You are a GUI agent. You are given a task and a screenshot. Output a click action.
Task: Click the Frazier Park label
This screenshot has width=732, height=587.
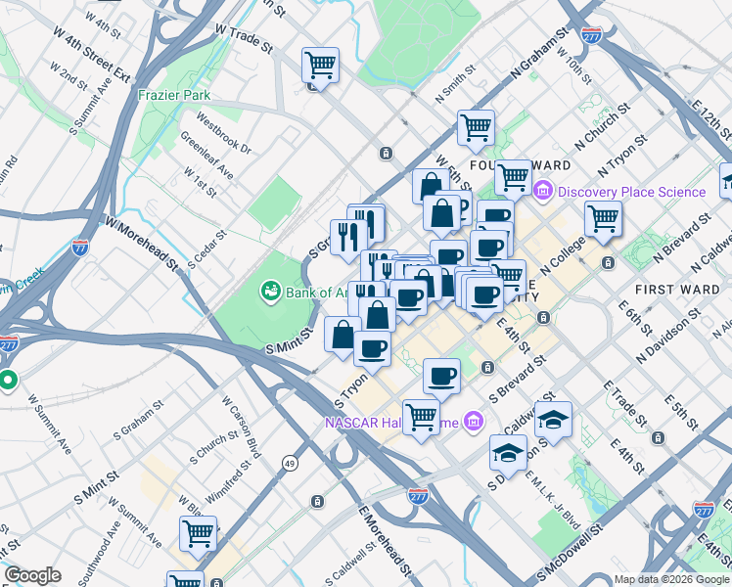click(x=174, y=95)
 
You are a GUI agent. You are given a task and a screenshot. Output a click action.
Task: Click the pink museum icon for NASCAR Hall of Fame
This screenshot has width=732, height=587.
click(x=474, y=422)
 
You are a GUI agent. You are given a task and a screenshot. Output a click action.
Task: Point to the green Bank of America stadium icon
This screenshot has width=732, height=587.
click(x=269, y=291)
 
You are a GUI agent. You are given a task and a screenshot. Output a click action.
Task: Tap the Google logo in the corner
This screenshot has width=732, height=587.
click(x=32, y=575)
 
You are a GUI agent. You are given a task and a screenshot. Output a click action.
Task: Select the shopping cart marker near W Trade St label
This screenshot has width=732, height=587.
click(x=320, y=66)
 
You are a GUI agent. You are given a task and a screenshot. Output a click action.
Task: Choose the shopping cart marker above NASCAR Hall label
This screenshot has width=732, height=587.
click(x=421, y=415)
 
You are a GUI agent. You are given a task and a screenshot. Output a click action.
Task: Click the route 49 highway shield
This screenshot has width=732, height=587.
click(x=290, y=463)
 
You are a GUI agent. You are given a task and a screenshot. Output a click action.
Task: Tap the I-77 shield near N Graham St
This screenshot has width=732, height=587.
click(x=591, y=35)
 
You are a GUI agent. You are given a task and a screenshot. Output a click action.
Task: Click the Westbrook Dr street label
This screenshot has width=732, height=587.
click(x=224, y=135)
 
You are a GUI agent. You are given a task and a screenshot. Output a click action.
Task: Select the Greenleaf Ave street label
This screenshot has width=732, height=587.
click(x=206, y=157)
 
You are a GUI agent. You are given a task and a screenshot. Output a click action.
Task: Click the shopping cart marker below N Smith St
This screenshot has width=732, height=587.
click(x=476, y=126)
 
